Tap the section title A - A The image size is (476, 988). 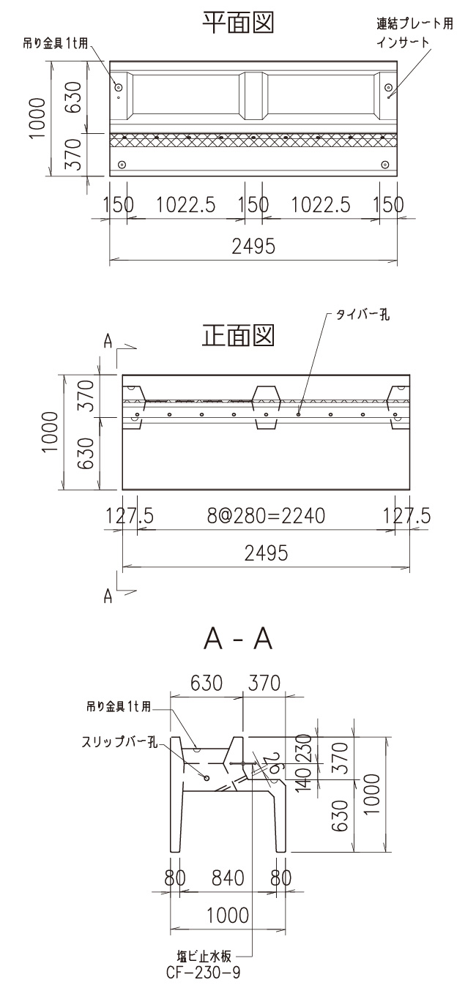point(239,640)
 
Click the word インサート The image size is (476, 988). point(403,42)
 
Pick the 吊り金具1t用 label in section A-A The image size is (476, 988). point(118,707)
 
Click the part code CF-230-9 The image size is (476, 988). point(204,973)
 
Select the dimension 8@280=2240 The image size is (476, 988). point(266,517)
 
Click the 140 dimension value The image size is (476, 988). point(306,780)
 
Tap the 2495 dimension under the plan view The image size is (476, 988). point(253,247)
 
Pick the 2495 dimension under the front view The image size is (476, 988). point(266,553)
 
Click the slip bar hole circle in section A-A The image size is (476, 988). point(207,778)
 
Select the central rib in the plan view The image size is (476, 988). point(253,96)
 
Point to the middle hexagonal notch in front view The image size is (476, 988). point(266,403)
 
